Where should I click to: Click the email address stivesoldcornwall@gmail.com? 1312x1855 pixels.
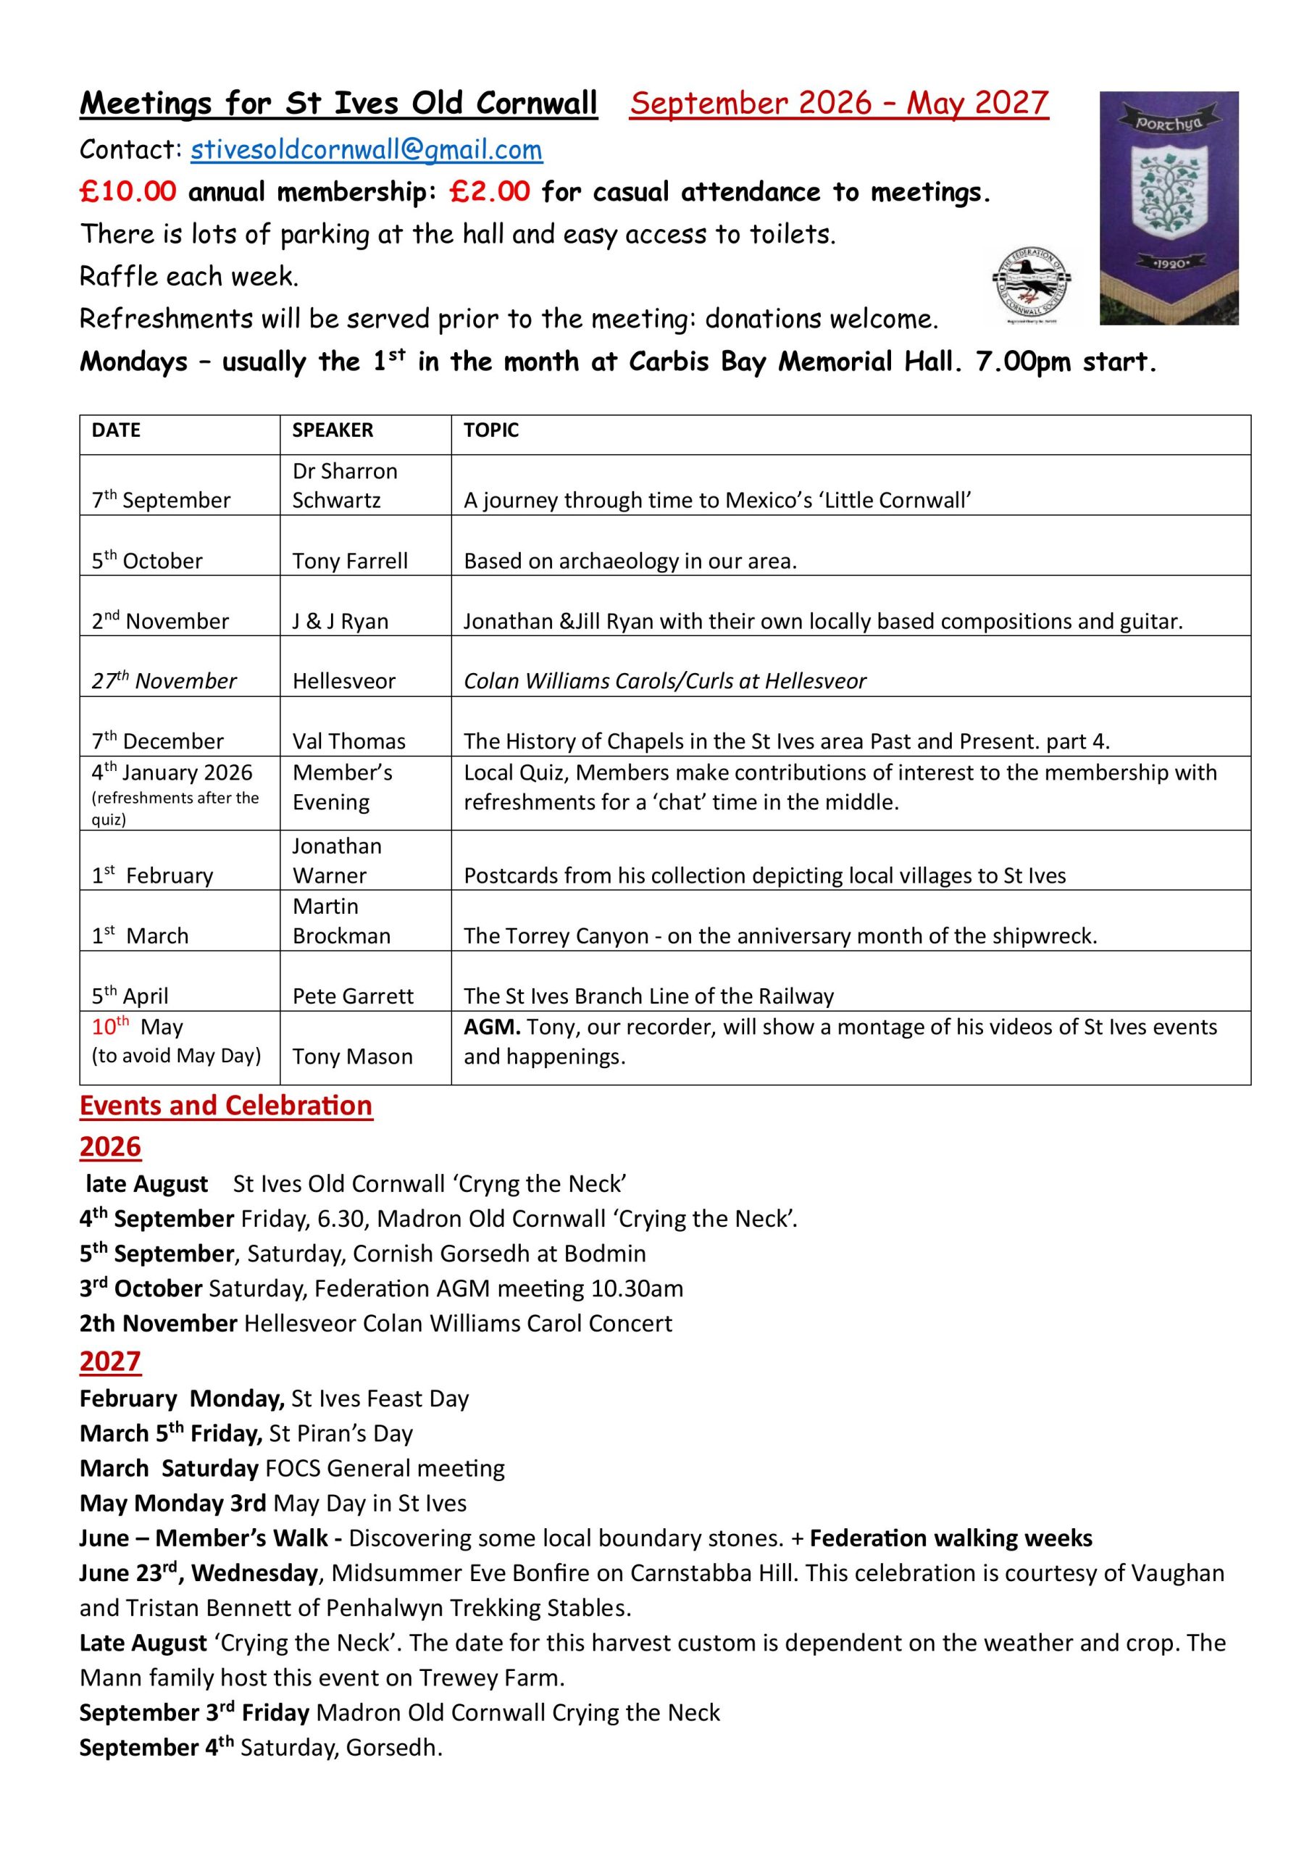point(366,150)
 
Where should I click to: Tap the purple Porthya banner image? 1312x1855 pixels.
point(1169,208)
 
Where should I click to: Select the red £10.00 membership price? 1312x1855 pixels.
point(128,192)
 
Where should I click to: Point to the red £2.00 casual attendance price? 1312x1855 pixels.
point(490,192)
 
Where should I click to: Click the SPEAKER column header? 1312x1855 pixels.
point(332,430)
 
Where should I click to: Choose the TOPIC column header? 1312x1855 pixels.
point(490,430)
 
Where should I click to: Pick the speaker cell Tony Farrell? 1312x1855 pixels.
point(350,561)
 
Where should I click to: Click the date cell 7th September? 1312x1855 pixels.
point(161,500)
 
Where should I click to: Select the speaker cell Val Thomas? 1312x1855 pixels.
point(349,741)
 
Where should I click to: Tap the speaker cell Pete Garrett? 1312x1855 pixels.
point(353,996)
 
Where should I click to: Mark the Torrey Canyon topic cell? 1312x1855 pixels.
point(780,935)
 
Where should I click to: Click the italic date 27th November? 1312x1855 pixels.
point(164,681)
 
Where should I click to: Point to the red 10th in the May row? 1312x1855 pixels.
point(110,1027)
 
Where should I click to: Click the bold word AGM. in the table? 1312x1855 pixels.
point(492,1027)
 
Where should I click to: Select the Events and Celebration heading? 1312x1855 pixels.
point(226,1105)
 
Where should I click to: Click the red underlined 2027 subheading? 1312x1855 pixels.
point(110,1362)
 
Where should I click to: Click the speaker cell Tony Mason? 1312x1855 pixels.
point(352,1056)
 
